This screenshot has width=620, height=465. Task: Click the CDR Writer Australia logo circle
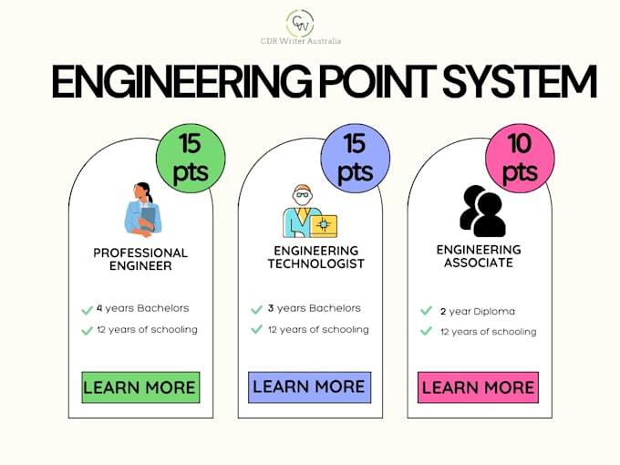(300, 22)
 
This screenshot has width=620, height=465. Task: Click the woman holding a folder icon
(143, 209)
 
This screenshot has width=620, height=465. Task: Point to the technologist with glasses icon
(308, 212)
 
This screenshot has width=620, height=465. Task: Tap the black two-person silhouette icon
(481, 211)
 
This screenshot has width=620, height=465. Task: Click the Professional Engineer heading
(140, 259)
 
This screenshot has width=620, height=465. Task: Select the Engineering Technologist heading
(315, 257)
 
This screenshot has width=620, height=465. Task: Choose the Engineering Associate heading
(479, 255)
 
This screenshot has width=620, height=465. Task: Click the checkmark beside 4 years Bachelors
(87, 309)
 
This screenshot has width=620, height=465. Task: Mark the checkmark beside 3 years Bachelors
(257, 309)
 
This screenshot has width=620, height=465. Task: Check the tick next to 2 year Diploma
(426, 311)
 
